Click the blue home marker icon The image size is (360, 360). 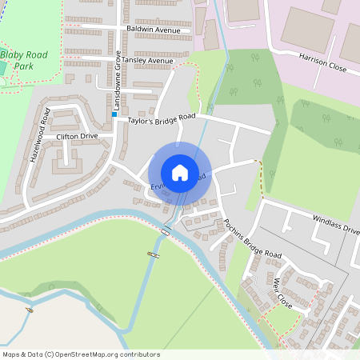(180, 172)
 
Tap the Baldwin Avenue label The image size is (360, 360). (154, 30)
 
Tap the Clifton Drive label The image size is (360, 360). (77, 137)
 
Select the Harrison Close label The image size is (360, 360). (322, 63)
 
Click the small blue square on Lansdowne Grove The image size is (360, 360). (114, 114)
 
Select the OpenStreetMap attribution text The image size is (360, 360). (81, 354)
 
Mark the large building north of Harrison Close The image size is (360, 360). (306, 30)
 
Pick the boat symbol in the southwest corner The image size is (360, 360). (30, 310)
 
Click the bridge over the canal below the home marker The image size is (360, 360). (166, 231)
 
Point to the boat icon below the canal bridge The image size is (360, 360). (151, 254)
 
